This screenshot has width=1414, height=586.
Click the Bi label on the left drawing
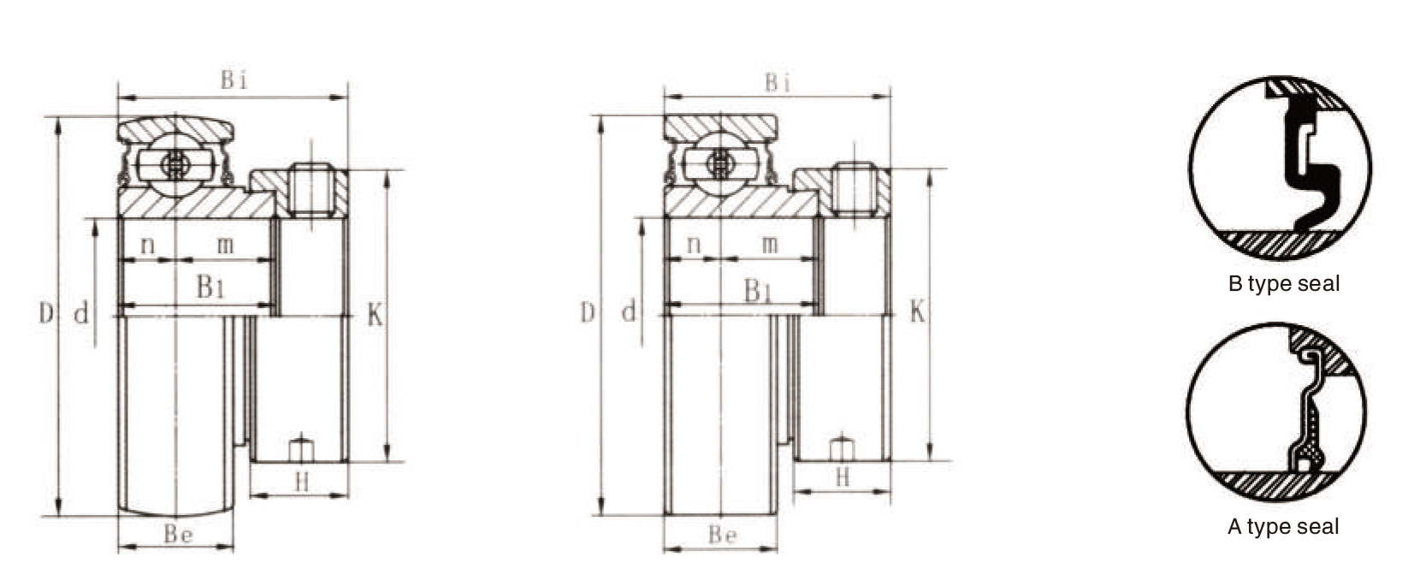pos(234,80)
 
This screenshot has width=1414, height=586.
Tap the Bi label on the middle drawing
pos(778,83)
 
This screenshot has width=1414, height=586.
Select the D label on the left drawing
pos(46,312)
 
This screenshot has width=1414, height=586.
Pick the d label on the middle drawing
pos(629,312)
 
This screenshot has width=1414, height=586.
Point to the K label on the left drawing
pos(375,315)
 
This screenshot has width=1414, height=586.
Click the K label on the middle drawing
pos(917,312)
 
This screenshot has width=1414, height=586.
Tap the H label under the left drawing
pos(302,482)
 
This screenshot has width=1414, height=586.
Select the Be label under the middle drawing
pos(722,536)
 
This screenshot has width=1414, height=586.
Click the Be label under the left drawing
pos(178,535)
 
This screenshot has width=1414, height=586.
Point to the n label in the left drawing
pos(147,245)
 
